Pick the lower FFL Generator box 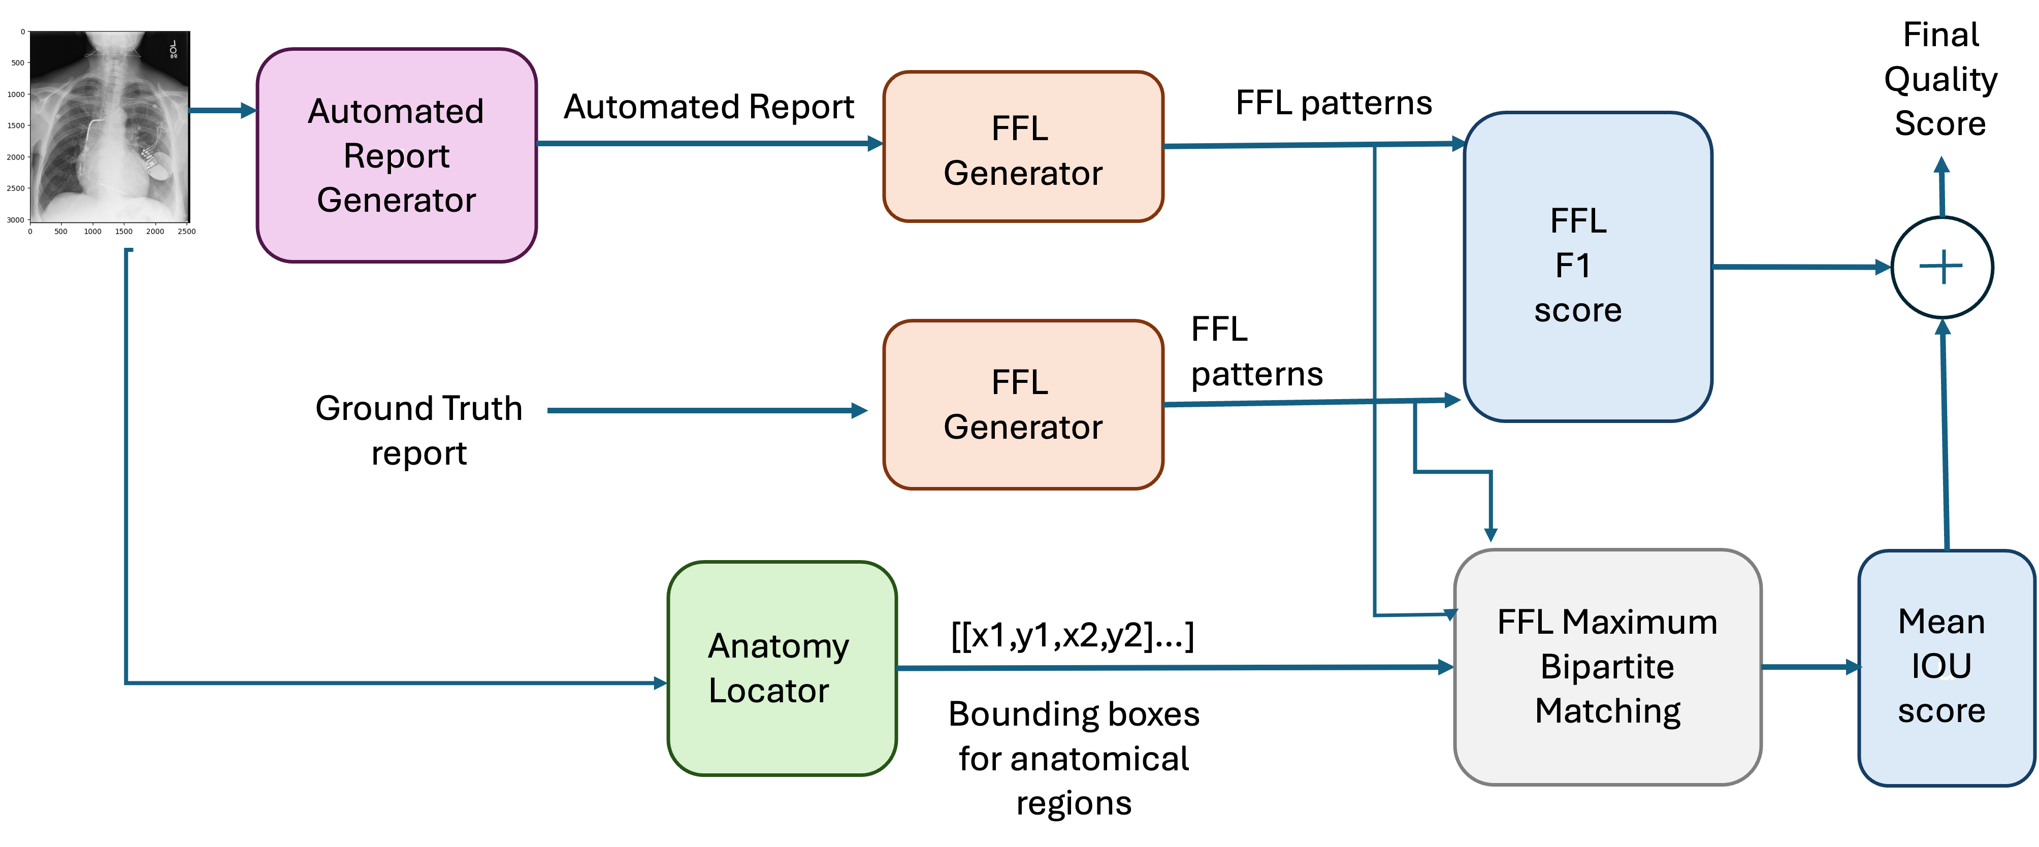coord(1023,405)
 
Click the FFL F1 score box coord(1587,266)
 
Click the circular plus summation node coord(1941,268)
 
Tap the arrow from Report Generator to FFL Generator coord(708,143)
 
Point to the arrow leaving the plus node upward coord(1941,186)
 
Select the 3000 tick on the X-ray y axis coord(16,220)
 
